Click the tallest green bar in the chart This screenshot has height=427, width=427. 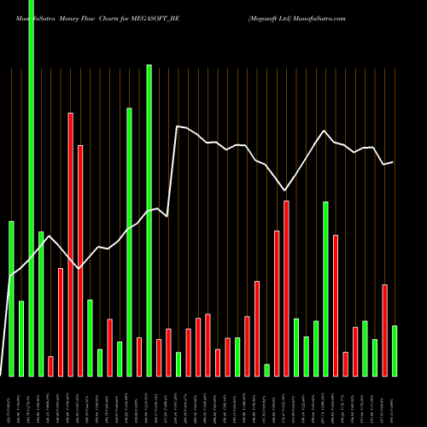click(32, 188)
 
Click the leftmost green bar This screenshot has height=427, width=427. click(12, 299)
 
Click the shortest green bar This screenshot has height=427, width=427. click(267, 370)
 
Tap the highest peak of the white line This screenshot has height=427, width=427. click(178, 126)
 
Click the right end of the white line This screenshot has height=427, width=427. click(393, 161)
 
